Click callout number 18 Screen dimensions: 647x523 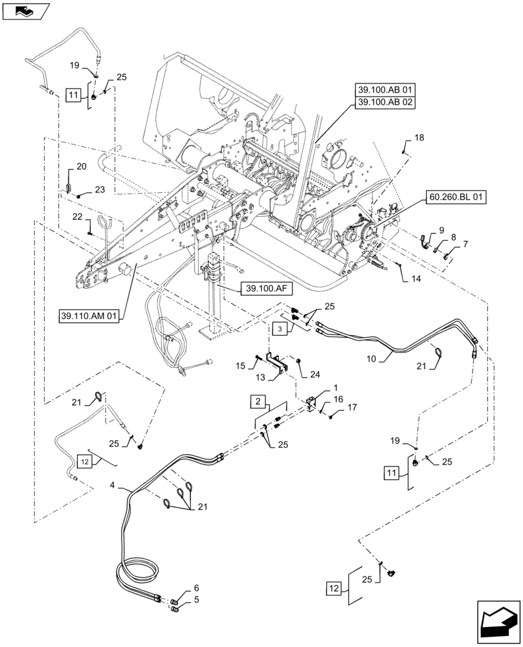[x=419, y=138]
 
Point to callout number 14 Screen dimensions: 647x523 [x=414, y=279]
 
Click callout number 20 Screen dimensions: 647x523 [x=81, y=167]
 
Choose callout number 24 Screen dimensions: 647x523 [x=314, y=373]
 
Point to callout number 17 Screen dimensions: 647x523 [x=352, y=407]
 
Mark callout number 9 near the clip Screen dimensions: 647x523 [x=441, y=230]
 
